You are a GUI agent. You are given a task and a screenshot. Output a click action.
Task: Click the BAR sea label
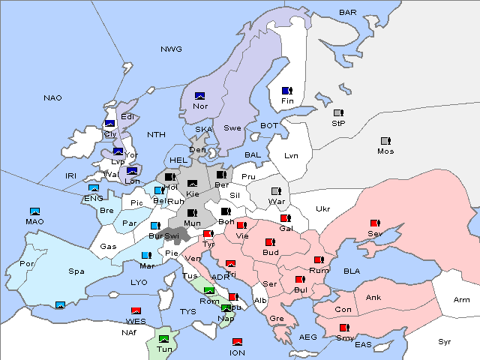pos(347,12)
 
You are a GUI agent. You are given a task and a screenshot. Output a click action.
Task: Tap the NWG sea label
pos(171,49)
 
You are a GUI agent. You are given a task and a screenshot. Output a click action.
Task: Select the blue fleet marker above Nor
pos(199,96)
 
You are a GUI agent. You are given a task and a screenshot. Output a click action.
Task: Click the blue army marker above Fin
pos(286,90)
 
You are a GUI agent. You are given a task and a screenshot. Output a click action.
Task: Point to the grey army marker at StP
pos(337,113)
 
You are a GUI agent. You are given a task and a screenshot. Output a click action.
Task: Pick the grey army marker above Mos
pos(385,141)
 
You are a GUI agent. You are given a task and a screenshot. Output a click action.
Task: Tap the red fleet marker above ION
pos(237,342)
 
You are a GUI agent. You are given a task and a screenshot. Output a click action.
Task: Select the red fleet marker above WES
pos(136,310)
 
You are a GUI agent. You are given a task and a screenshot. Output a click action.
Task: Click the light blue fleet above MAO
pos(34,211)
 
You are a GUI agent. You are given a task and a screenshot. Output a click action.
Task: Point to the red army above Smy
pos(344,328)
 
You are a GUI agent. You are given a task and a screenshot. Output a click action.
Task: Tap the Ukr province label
pos(322,208)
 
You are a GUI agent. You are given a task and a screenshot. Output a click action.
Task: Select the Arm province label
pos(461,300)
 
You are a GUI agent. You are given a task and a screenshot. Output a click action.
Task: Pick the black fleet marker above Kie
pos(192,184)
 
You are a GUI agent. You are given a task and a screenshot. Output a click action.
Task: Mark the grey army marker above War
pos(276,191)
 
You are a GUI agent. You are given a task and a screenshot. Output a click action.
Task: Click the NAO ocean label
pos(52,97)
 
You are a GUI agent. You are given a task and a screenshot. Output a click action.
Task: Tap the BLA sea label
pos(352,270)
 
